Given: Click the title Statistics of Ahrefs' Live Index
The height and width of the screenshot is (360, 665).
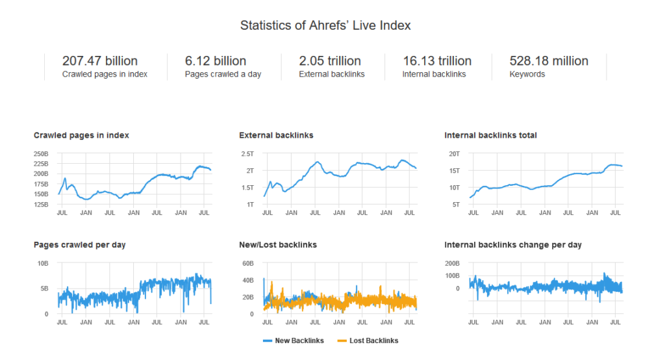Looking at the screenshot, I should pyautogui.click(x=325, y=25).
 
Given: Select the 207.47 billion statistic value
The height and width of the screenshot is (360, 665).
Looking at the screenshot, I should pyautogui.click(x=99, y=61).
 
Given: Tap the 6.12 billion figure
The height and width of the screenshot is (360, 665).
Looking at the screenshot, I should pyautogui.click(x=215, y=61).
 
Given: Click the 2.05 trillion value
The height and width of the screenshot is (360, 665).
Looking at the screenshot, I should pyautogui.click(x=330, y=61).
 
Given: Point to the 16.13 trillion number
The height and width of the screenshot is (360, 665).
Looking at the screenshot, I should pyautogui.click(x=436, y=61).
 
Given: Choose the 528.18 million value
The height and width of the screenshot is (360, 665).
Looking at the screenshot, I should pyautogui.click(x=549, y=61).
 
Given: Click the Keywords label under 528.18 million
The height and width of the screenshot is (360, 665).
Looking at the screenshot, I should pyautogui.click(x=527, y=75).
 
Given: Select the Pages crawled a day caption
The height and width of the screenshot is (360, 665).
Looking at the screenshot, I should pyautogui.click(x=223, y=75).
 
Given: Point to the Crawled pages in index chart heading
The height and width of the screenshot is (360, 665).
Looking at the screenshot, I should pyautogui.click(x=81, y=136).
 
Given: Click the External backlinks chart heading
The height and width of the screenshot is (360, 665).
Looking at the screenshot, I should pyautogui.click(x=276, y=136).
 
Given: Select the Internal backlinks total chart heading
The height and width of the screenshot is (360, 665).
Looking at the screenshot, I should pyautogui.click(x=490, y=136).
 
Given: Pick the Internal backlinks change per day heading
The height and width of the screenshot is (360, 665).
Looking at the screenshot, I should pyautogui.click(x=513, y=245).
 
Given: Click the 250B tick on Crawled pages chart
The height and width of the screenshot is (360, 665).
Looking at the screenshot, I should pyautogui.click(x=41, y=154).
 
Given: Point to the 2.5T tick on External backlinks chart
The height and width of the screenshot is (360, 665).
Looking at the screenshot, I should pyautogui.click(x=247, y=154).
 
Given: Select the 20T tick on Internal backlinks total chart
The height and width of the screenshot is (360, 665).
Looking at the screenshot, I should pyautogui.click(x=454, y=154).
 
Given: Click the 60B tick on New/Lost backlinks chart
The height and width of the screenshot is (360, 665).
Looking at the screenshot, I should pyautogui.click(x=247, y=264).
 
